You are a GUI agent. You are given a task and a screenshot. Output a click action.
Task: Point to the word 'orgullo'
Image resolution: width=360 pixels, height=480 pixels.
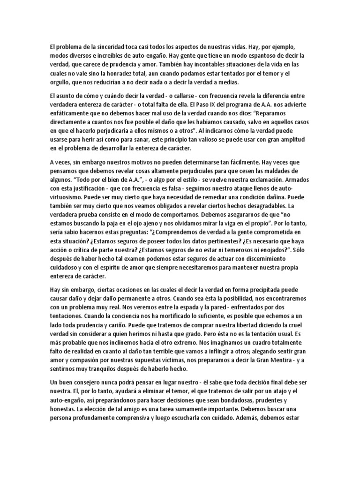pos(62,83)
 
